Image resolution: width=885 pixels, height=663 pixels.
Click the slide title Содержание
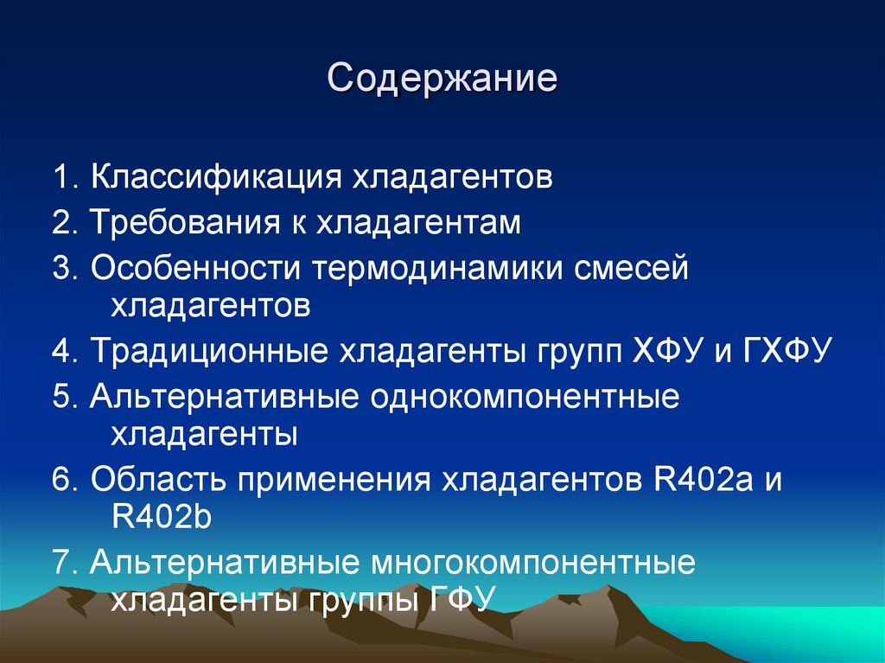442,79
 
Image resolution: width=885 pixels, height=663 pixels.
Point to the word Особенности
195,268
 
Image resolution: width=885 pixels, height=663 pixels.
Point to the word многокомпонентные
534,564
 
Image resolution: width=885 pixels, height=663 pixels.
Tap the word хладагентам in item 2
418,224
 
